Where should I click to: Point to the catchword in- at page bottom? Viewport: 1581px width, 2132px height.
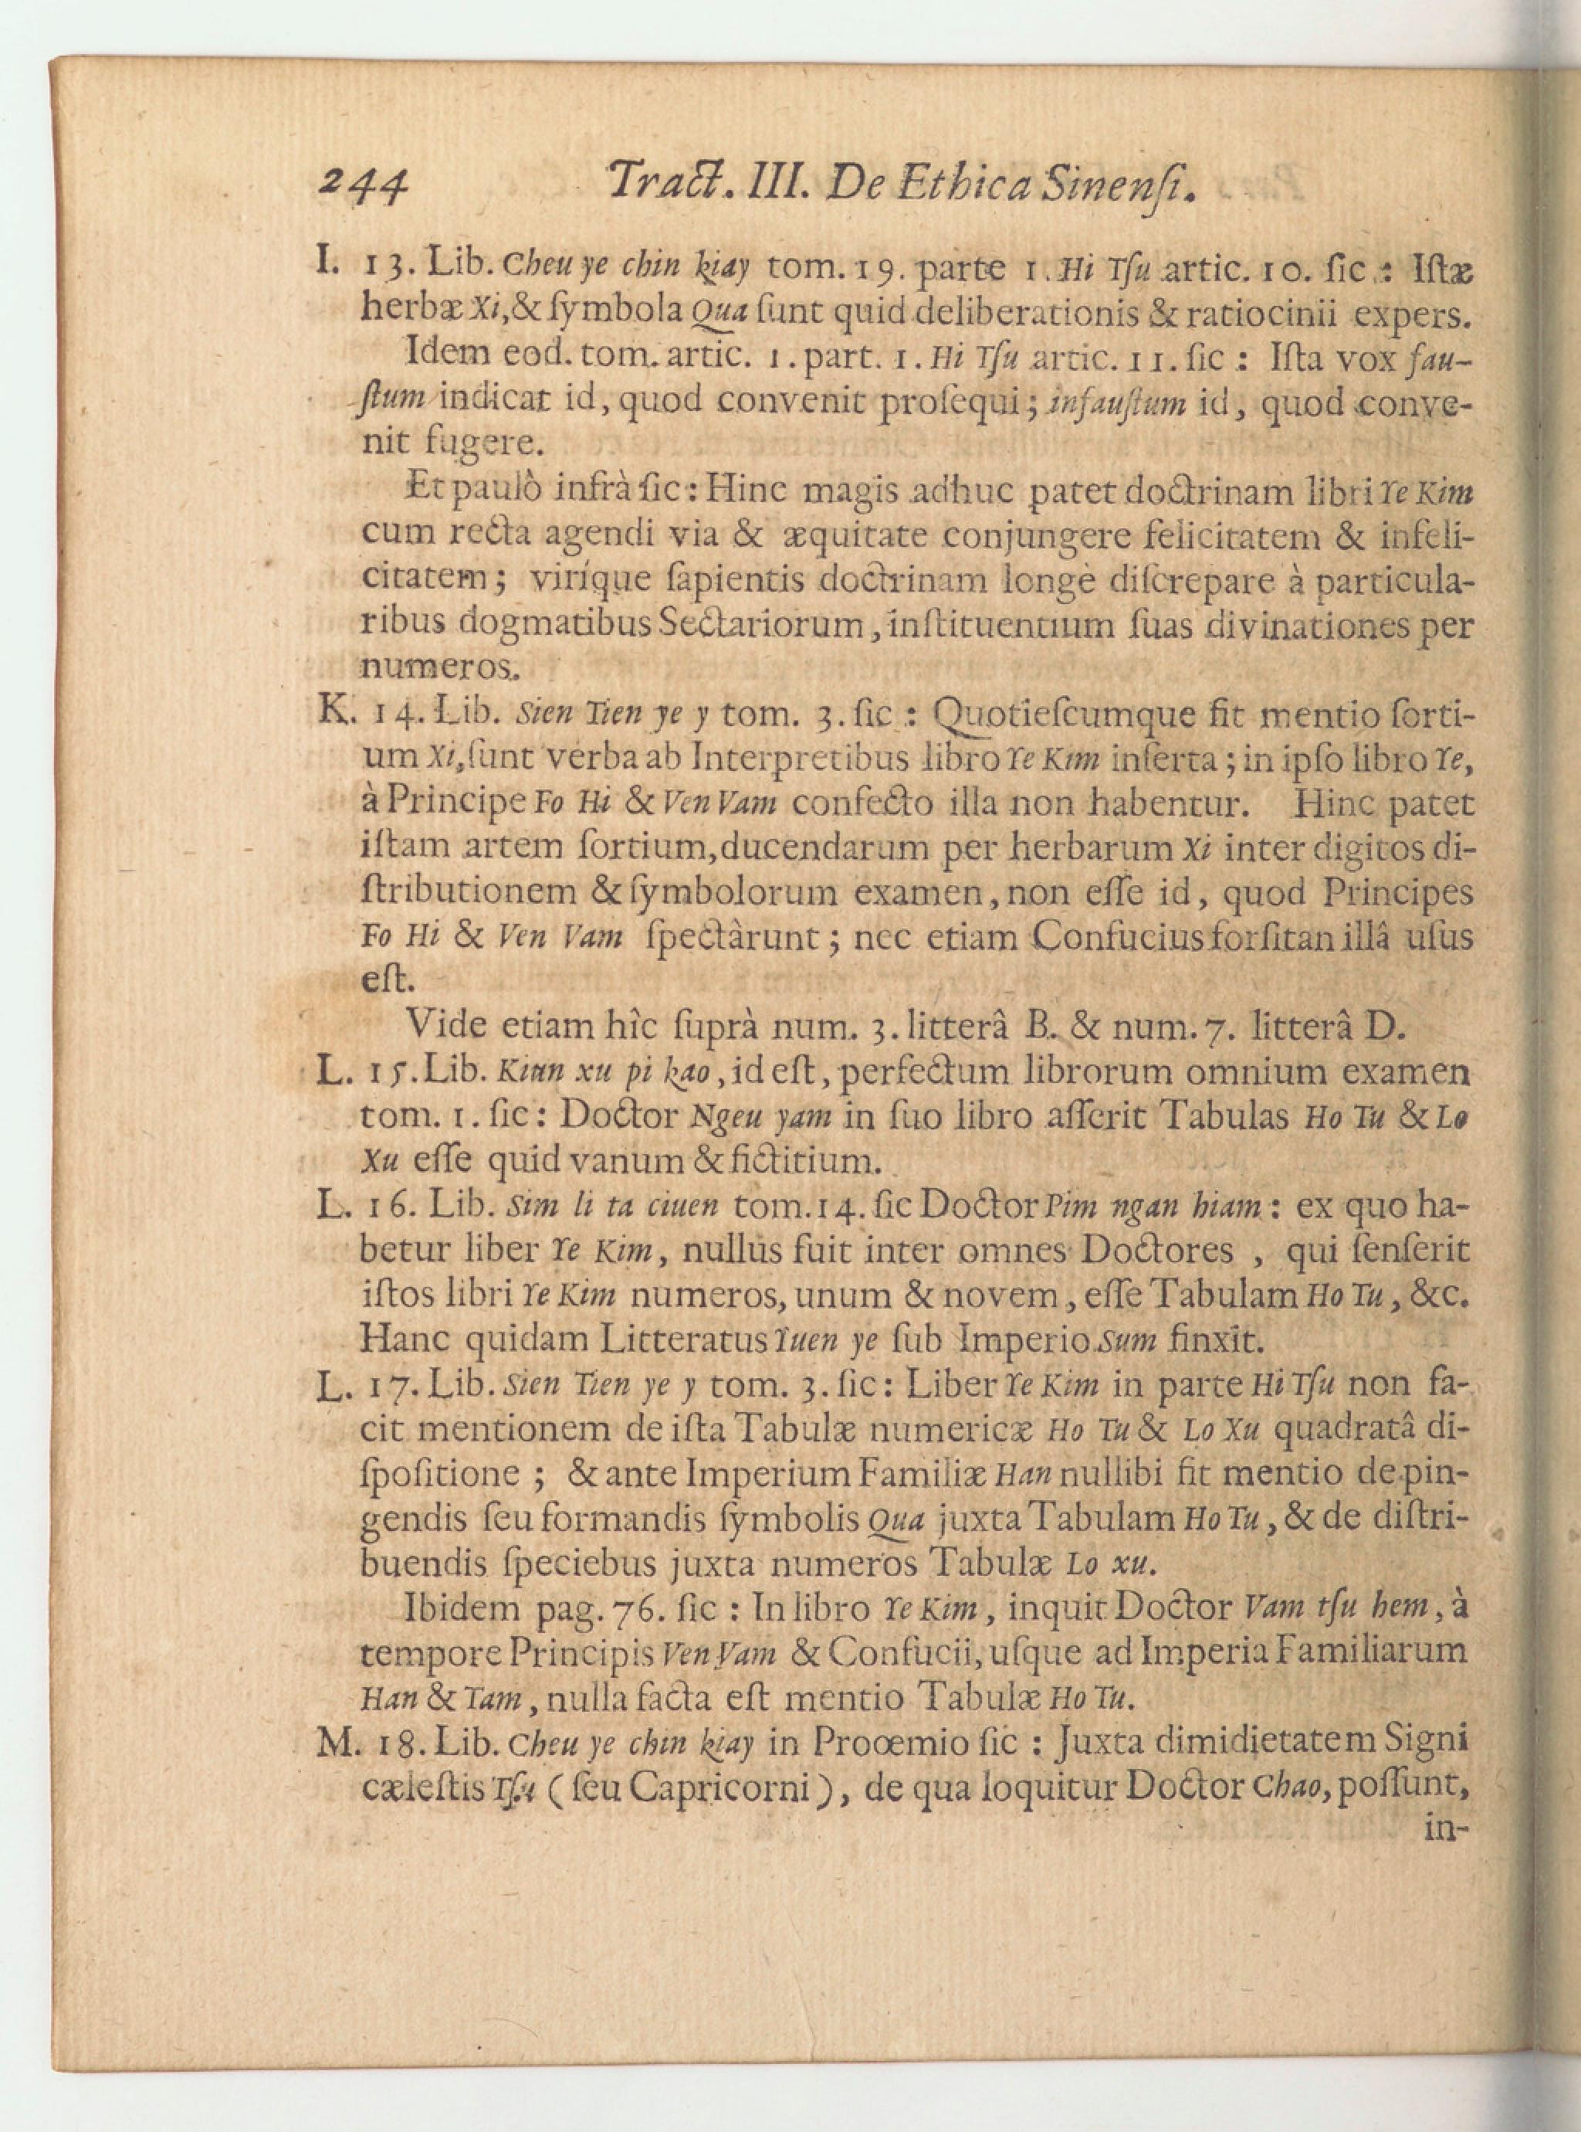click(1446, 1829)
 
